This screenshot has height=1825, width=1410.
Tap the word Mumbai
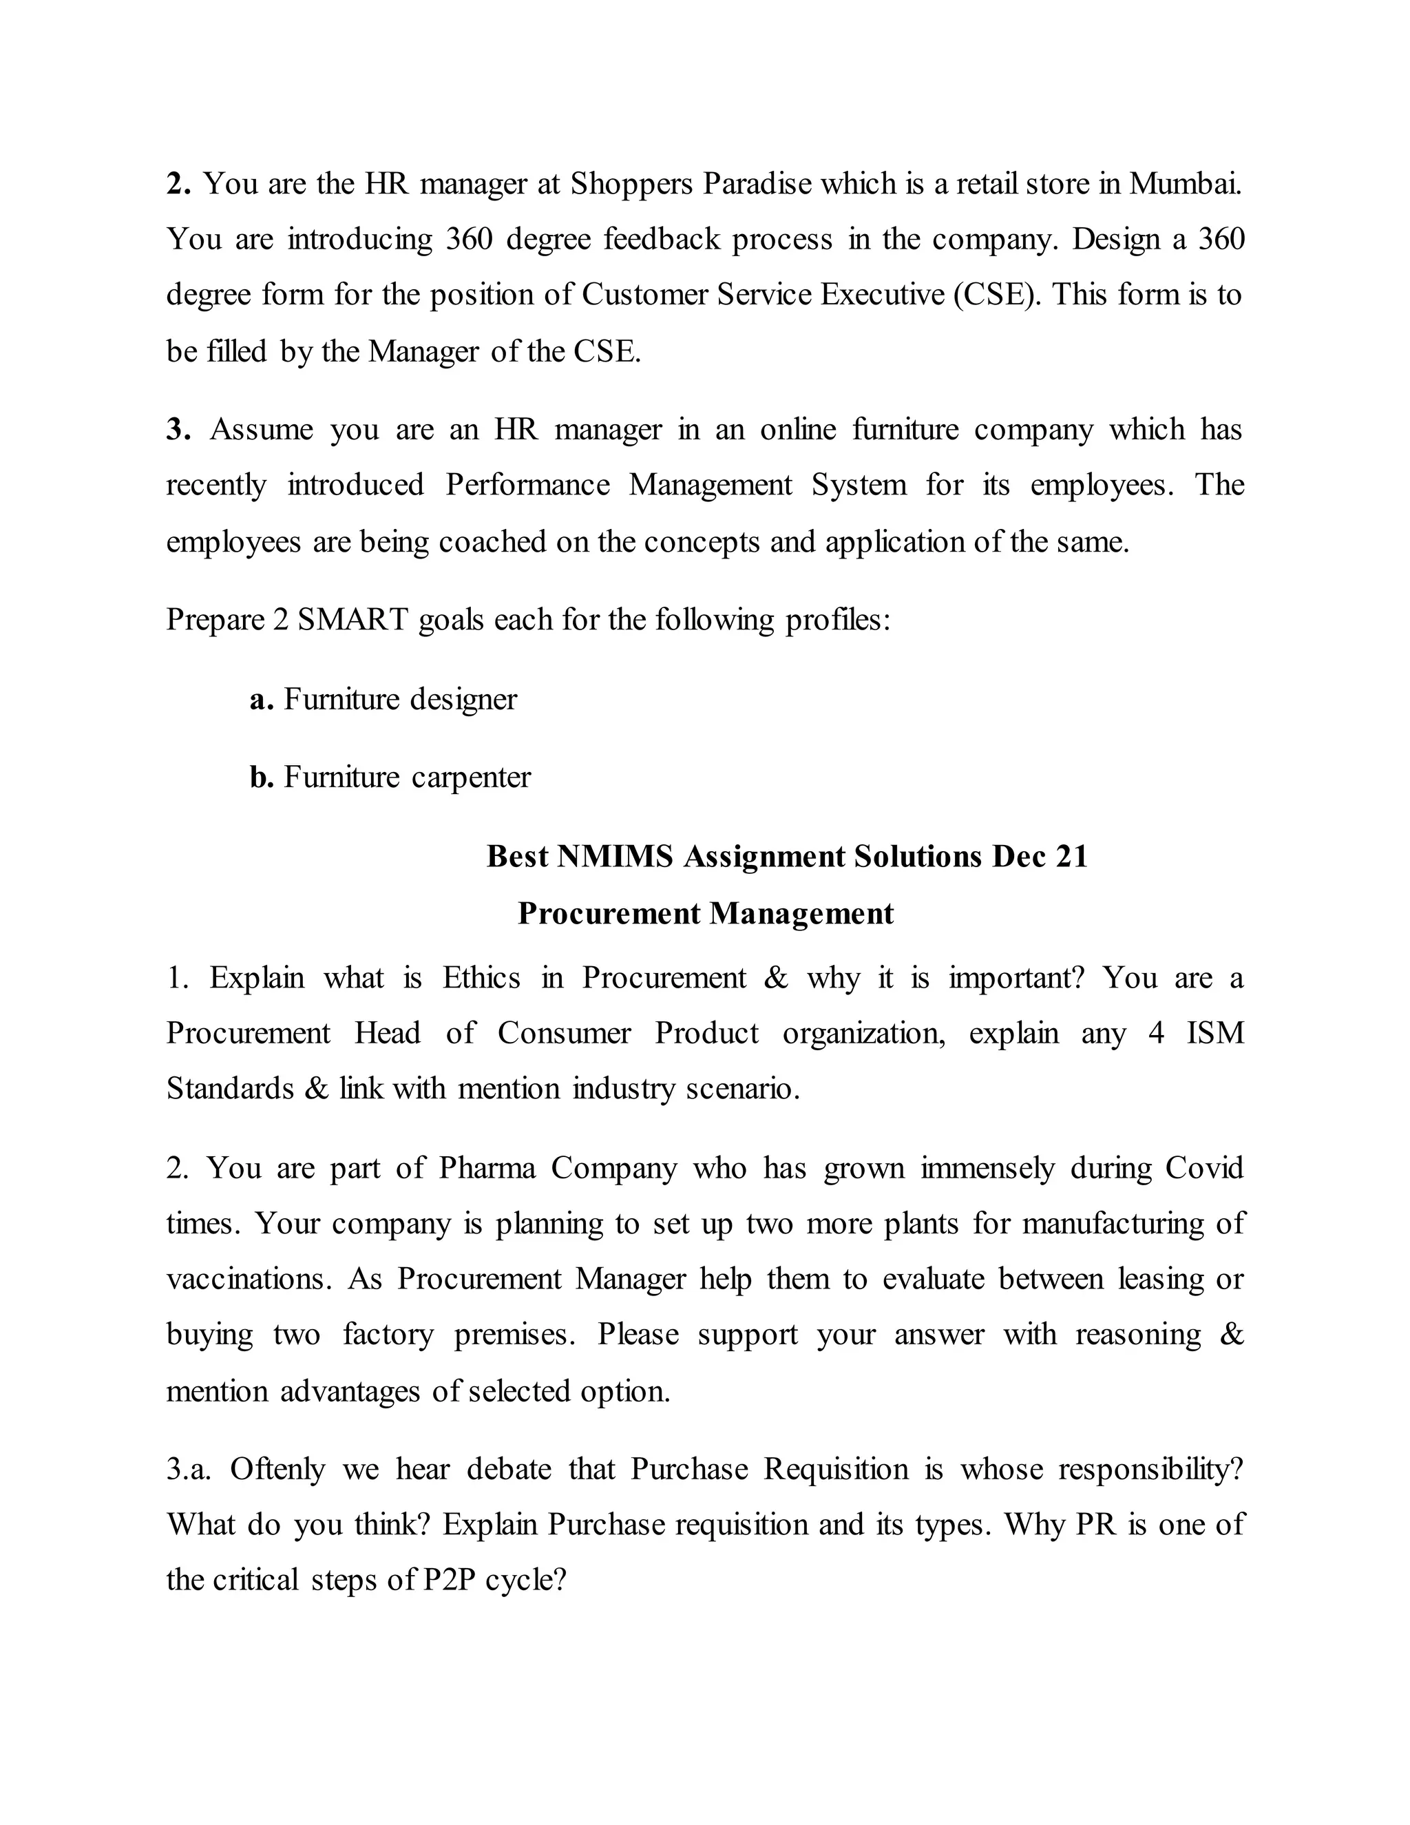tap(1186, 184)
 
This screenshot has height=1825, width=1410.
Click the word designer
tap(463, 698)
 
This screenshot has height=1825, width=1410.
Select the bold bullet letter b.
tap(262, 777)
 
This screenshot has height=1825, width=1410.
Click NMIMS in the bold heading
tap(614, 857)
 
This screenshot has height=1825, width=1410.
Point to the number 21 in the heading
tap(1071, 857)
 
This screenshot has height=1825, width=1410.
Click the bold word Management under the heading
tap(801, 913)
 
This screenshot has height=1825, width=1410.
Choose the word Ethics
tap(481, 978)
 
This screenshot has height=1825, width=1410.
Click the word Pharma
tap(487, 1168)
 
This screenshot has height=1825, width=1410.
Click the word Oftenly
tap(277, 1470)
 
